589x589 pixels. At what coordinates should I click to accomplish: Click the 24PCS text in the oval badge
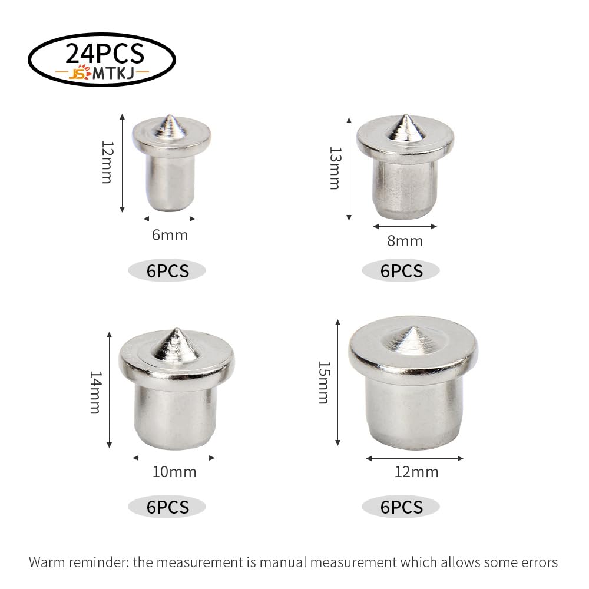(105, 54)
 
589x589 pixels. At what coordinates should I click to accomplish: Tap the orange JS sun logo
(80, 72)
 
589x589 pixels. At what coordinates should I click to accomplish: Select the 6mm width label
(170, 235)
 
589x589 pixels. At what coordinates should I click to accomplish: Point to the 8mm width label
(405, 241)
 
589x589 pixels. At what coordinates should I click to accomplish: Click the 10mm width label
(174, 472)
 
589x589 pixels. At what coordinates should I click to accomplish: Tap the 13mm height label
(335, 168)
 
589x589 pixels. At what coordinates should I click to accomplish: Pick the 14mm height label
(95, 392)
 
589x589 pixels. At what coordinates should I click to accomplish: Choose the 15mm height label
(324, 382)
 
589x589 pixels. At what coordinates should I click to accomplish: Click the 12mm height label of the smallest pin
(107, 163)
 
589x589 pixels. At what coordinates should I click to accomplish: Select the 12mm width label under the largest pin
(416, 472)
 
